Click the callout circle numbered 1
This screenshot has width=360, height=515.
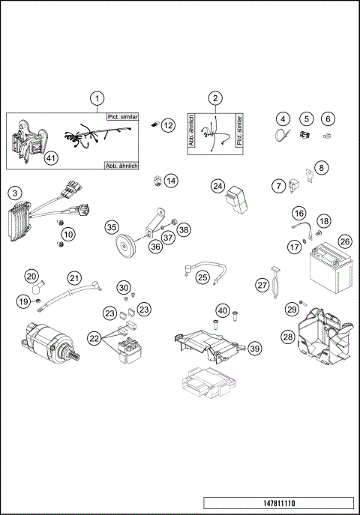pyautogui.click(x=96, y=98)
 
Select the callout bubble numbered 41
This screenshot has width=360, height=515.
pyautogui.click(x=50, y=157)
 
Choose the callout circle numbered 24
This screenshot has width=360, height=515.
pyautogui.click(x=218, y=185)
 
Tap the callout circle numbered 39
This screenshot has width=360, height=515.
pyautogui.click(x=254, y=348)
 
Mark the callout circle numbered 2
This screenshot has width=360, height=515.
pyautogui.click(x=215, y=98)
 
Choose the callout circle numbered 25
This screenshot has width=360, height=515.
pyautogui.click(x=202, y=277)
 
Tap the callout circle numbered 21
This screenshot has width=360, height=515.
pyautogui.click(x=73, y=278)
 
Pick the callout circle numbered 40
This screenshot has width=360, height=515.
pyautogui.click(x=222, y=310)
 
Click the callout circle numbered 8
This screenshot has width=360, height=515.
pyautogui.click(x=321, y=168)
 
